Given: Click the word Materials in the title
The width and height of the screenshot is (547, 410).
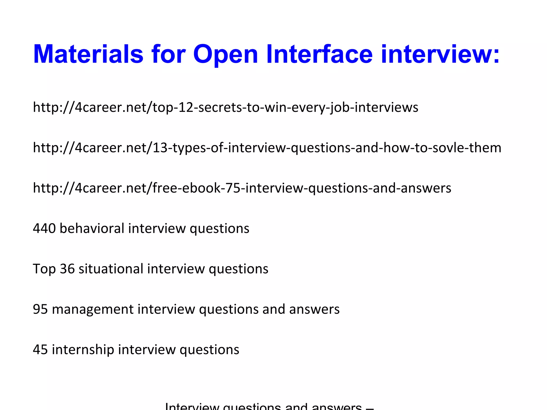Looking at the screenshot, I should (88, 54).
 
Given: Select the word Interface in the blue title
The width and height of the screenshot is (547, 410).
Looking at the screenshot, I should (319, 54).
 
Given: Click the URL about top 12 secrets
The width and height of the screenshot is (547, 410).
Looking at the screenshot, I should (225, 107).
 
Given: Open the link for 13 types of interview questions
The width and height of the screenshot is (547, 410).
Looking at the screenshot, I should (267, 148).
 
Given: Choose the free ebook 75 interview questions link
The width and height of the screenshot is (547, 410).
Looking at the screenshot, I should (242, 188).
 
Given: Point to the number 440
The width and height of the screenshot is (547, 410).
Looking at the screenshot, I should (44, 228).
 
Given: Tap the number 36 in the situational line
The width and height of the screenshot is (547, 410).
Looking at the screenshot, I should (67, 269).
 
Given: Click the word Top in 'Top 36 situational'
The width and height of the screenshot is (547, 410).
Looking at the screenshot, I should (44, 269).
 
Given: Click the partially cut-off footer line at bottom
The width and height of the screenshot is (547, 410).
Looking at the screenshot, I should (269, 406).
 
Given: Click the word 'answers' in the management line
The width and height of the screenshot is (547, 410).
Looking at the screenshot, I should (314, 309).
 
